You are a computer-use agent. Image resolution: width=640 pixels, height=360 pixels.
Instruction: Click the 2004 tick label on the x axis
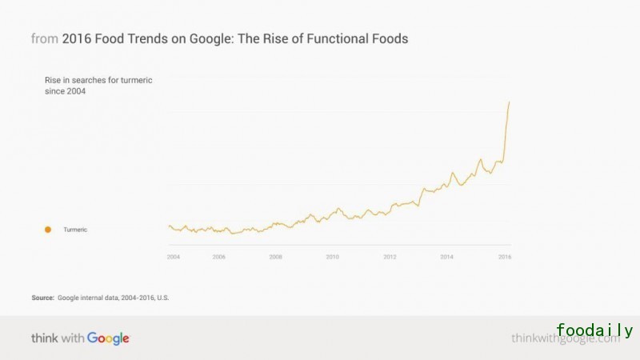tap(173, 257)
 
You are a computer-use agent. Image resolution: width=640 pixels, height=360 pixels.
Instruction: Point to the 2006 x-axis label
tap(218, 257)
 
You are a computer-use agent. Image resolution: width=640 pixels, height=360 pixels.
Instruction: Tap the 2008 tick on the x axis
tap(275, 257)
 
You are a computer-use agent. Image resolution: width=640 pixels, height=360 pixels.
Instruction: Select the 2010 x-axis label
tap(332, 257)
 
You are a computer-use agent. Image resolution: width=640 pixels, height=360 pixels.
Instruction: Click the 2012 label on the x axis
tap(390, 257)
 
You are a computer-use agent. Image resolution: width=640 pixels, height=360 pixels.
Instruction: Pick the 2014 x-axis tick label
tap(446, 257)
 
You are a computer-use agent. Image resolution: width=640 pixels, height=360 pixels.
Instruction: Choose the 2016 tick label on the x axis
tap(504, 257)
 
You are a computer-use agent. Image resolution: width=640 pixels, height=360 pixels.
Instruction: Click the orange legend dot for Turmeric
tap(48, 230)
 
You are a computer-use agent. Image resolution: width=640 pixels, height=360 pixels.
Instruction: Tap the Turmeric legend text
tap(75, 230)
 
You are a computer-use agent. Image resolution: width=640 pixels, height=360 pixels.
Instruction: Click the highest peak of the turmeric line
tap(510, 102)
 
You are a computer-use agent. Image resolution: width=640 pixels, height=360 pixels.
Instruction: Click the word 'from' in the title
tap(44, 38)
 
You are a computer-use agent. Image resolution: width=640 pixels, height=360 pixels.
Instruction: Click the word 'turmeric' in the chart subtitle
tap(134, 79)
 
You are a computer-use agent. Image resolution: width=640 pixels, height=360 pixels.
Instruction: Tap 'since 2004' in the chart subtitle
tap(66, 91)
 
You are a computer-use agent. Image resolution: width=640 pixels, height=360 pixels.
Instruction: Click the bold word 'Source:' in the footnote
tap(43, 298)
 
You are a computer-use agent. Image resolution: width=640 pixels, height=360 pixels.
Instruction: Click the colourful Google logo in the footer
tap(108, 338)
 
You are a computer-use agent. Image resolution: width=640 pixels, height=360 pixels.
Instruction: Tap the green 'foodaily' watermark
tap(594, 330)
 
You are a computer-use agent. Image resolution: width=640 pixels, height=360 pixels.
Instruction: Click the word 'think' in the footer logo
tap(45, 338)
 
